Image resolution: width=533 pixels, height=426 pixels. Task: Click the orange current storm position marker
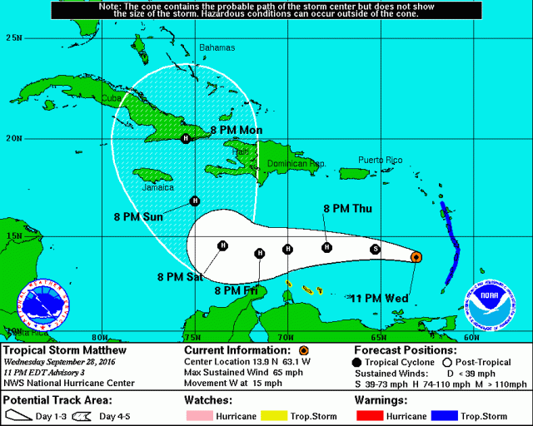[x=416, y=258]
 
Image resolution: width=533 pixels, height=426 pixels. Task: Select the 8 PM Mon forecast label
[x=236, y=131]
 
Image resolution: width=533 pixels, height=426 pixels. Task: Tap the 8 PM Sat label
[x=181, y=276]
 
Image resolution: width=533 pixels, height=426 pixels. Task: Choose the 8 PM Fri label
[x=236, y=290]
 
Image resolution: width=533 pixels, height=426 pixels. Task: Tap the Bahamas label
[x=217, y=47]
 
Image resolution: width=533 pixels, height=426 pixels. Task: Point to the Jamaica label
[x=158, y=187]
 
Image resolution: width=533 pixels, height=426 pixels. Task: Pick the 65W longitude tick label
[x=377, y=337]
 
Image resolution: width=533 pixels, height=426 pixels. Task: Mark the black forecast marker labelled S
[x=376, y=249]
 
